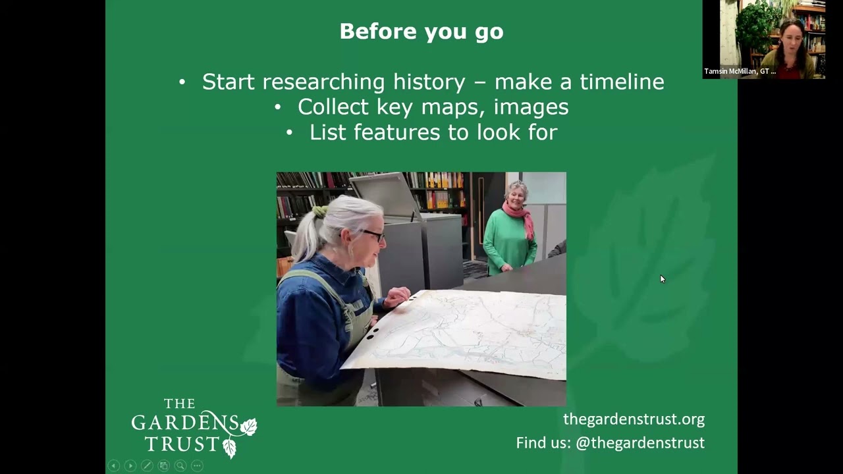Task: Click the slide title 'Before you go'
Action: click(421, 32)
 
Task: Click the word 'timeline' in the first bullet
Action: click(622, 82)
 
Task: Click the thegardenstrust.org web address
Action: click(634, 419)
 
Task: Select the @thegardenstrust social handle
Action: click(640, 443)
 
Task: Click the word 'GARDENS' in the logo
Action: click(185, 422)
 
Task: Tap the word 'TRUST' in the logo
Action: click(182, 444)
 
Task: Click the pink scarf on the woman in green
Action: click(520, 217)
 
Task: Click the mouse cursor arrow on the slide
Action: click(662, 278)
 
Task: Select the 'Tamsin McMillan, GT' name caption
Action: click(740, 71)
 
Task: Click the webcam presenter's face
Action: click(792, 39)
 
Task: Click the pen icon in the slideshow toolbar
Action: click(147, 465)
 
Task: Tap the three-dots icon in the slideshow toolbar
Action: click(197, 465)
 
